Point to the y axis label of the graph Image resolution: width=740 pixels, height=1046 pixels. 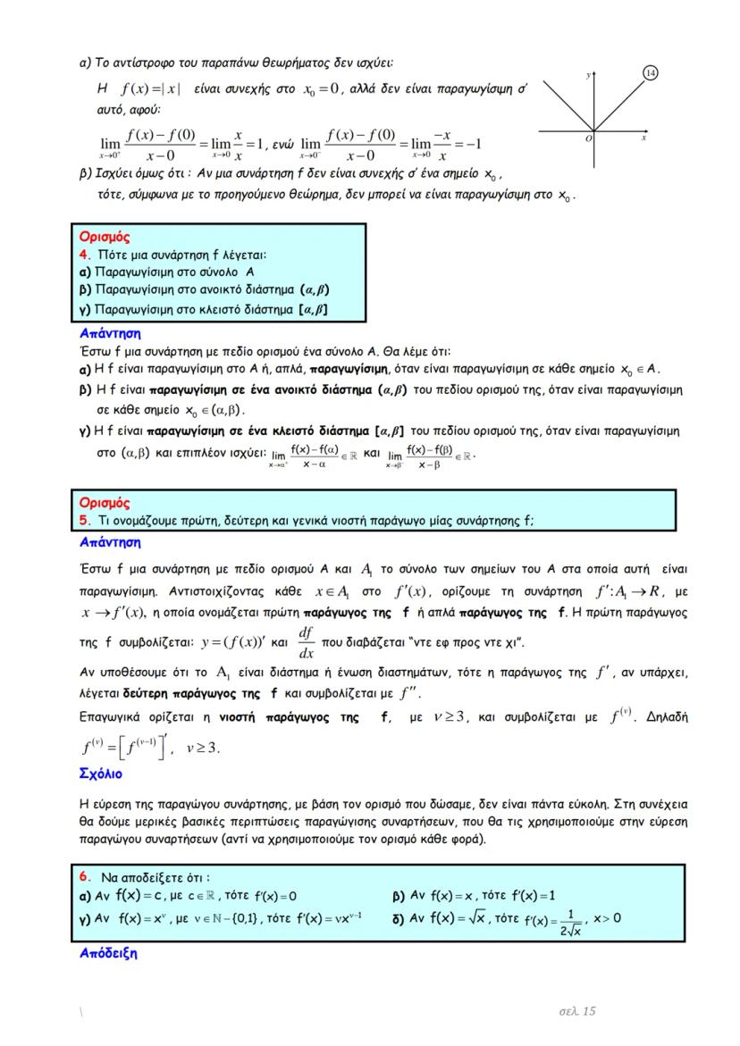[x=589, y=76]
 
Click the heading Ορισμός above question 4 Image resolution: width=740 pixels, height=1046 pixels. [x=105, y=237]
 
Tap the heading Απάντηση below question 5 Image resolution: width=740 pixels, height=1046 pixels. [x=110, y=541]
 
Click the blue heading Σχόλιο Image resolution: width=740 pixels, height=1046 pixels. [x=100, y=773]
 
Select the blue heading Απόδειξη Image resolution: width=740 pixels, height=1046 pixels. [x=108, y=953]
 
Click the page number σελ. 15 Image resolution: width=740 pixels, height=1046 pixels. [x=576, y=1010]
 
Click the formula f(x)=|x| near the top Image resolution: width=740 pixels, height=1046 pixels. [x=151, y=89]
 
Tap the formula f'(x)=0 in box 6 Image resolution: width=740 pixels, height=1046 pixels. [x=275, y=896]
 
